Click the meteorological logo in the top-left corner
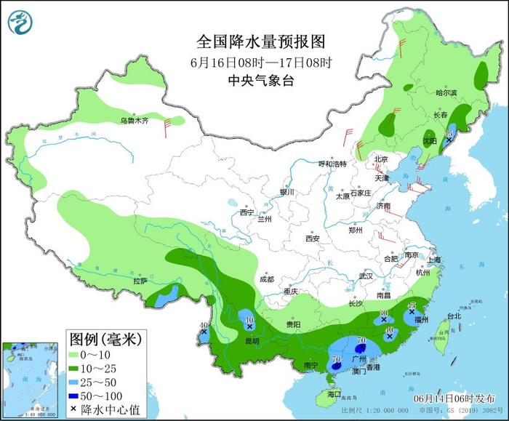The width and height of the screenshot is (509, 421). point(21,22)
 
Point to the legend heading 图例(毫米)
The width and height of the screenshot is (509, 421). point(105,338)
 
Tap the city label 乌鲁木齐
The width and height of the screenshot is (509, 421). point(134,121)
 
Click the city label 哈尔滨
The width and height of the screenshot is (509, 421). point(446,93)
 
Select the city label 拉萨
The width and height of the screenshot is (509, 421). point(140,281)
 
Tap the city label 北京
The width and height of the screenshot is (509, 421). point(381,159)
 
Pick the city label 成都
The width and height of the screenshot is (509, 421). point(266,279)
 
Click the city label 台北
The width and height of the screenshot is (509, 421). point(454,316)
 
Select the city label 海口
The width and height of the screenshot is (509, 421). point(334,393)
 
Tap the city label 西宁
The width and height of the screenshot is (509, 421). point(247,212)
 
